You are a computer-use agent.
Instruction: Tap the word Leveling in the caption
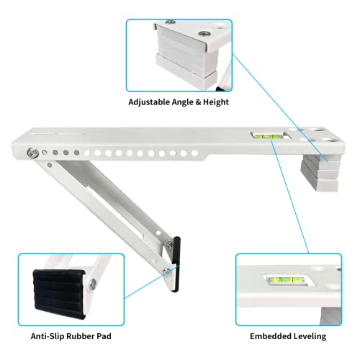pyautogui.click(x=310, y=335)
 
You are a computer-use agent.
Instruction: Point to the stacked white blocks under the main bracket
pyautogui.click(x=318, y=171)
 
